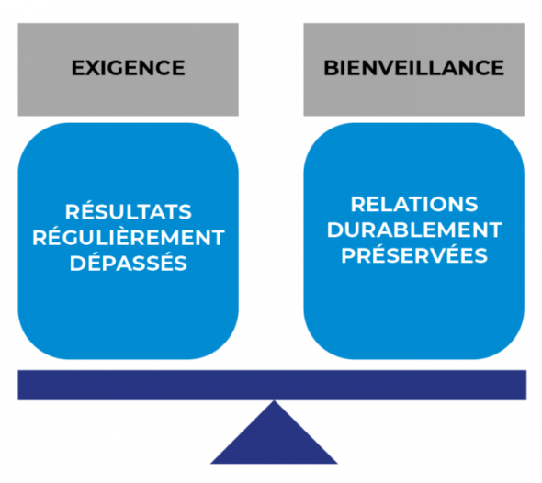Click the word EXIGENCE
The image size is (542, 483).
(x=128, y=68)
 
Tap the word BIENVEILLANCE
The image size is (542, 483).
(x=413, y=68)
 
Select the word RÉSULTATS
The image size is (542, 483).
(x=128, y=212)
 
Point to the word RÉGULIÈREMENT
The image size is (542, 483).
(x=128, y=238)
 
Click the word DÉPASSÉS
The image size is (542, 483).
(x=128, y=264)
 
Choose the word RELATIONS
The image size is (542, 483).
(x=414, y=204)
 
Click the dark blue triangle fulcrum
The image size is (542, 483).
(x=273, y=441)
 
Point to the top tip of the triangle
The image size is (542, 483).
(x=273, y=402)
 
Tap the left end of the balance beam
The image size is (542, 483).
(x=22, y=385)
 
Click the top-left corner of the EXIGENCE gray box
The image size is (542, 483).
(x=18, y=24)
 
